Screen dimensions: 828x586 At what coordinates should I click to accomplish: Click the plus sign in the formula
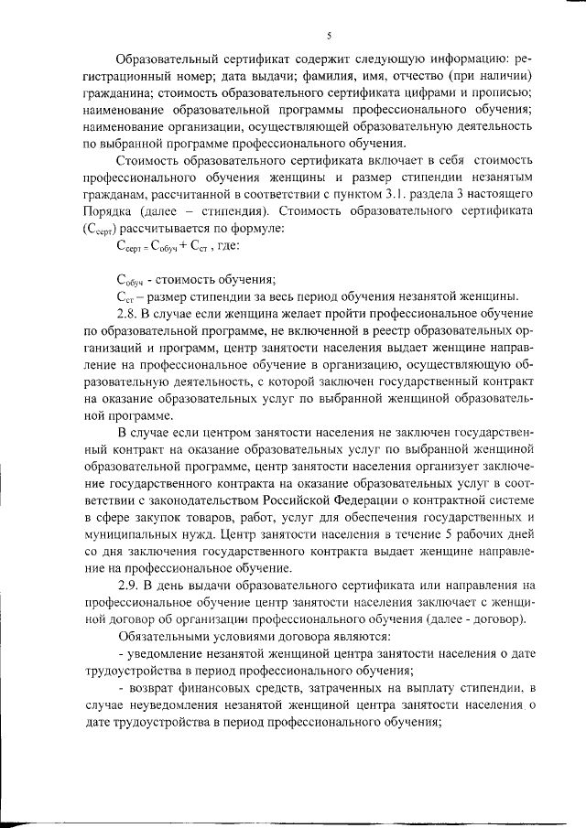point(171,246)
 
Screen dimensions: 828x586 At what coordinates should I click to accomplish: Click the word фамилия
point(309,76)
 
